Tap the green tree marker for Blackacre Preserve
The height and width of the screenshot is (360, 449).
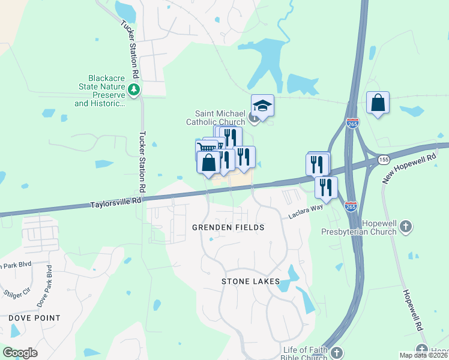coord(134,91)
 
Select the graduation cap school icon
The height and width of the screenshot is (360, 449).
coord(262,106)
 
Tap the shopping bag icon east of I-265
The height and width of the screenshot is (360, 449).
coord(378,103)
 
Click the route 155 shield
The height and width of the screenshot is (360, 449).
coord(382,160)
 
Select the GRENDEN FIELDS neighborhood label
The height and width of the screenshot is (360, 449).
coord(228,228)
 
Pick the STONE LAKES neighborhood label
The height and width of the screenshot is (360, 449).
coord(251,281)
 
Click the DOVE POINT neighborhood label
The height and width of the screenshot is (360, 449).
coord(34,318)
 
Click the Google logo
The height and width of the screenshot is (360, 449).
coord(20,353)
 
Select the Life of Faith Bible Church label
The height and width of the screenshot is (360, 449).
coord(305,354)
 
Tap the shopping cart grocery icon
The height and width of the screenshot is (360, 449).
coord(206,147)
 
